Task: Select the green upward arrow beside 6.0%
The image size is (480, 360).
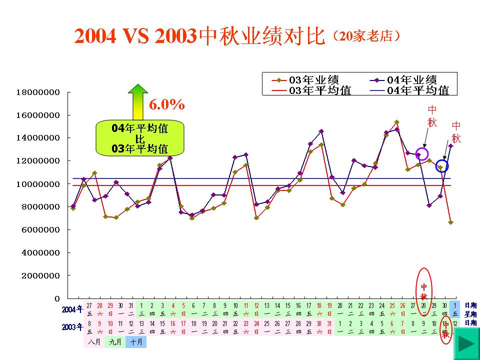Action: point(138,102)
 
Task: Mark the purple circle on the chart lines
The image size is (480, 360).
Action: point(422,153)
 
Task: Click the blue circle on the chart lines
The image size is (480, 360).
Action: point(441,166)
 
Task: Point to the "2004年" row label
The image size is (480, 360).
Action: point(72,309)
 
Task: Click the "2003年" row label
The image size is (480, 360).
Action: point(72,327)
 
